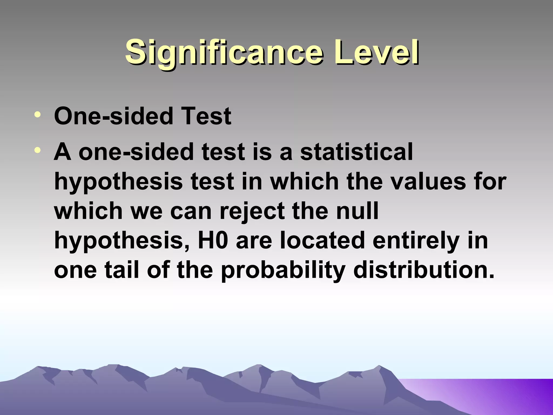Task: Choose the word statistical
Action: pyautogui.click(x=356, y=152)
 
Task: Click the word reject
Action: pyautogui.click(x=253, y=211)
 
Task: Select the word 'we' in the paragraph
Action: pyautogui.click(x=146, y=211)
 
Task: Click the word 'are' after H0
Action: pyautogui.click(x=254, y=241)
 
